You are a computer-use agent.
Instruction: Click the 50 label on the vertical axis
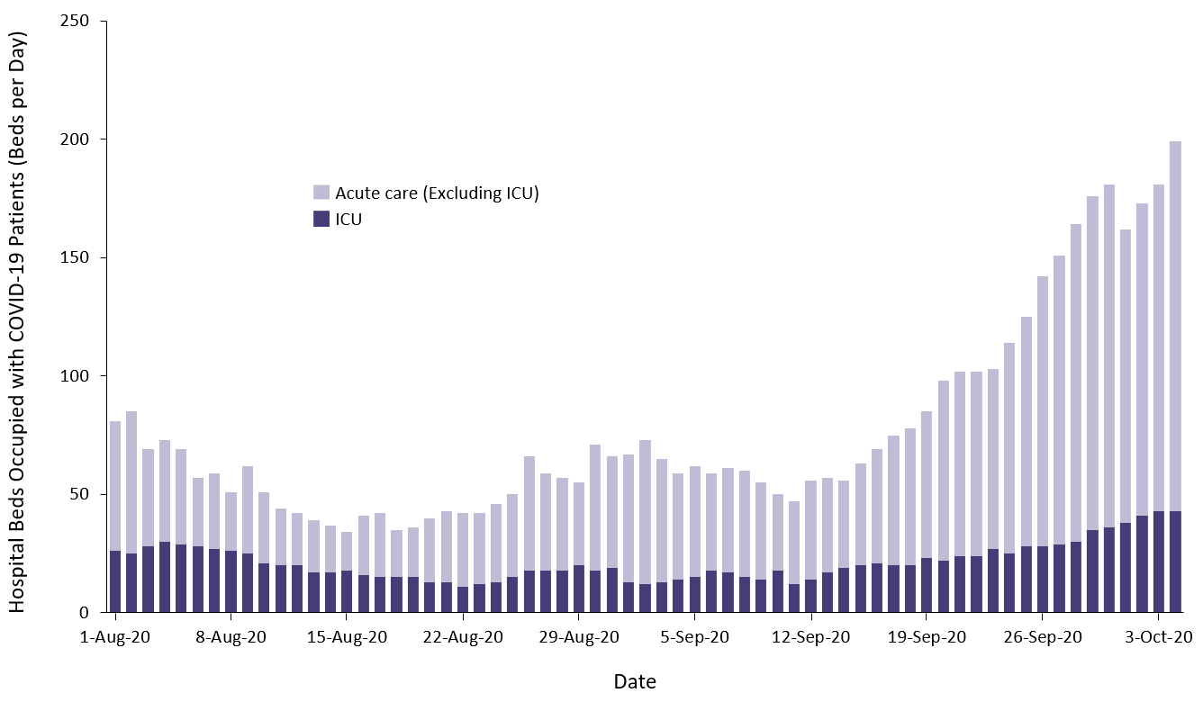point(86,494)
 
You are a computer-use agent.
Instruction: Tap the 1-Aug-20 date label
point(115,637)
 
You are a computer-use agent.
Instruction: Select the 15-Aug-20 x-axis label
point(347,637)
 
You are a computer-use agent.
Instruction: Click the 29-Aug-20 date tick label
point(578,637)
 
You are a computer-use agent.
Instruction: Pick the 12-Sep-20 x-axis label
point(810,637)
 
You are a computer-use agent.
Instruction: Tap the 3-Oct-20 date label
point(1158,637)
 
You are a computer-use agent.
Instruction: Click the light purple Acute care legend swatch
point(321,193)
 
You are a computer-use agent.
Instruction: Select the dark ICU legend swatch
point(321,219)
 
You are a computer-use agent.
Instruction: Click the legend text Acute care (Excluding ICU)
point(437,193)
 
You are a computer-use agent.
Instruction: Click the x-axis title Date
point(635,681)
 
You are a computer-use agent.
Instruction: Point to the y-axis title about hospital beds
point(19,321)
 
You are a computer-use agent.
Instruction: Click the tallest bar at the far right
point(1175,360)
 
